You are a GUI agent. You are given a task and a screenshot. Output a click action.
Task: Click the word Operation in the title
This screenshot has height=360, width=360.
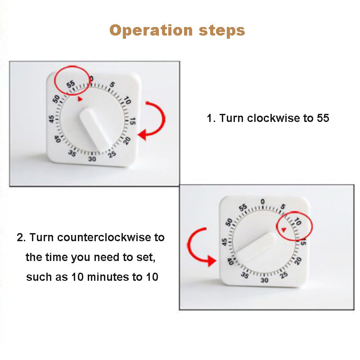pos(151,31)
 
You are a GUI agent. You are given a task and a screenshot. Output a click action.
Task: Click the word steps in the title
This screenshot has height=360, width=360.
pos(222,31)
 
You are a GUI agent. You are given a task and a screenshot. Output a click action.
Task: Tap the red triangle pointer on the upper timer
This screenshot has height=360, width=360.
pos(80,99)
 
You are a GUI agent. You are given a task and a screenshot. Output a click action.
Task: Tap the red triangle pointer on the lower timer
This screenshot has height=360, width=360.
pos(284,229)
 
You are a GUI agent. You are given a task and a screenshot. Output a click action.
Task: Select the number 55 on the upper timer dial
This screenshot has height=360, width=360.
pos(71,84)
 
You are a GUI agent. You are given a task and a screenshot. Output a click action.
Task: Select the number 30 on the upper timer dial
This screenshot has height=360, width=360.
pos(92,159)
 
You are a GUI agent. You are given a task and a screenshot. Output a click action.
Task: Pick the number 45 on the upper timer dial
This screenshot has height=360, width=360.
pos(51,119)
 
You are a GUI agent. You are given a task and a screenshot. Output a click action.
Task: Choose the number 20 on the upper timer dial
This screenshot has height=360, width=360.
pos(127,140)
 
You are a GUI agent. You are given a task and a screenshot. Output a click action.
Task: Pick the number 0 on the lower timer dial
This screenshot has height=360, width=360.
pos(263,202)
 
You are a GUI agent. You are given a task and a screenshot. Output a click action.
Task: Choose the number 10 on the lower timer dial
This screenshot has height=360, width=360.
pos(297,221)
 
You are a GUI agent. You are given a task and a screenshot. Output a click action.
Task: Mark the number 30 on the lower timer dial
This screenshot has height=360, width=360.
pos(265,280)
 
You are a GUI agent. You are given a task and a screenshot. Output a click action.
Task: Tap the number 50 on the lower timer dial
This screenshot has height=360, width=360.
pos(229,222)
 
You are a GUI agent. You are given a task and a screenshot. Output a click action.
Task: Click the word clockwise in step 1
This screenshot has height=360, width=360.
pos(274,118)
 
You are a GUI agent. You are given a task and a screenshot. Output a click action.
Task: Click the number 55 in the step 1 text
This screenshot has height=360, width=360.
pos(323,118)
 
